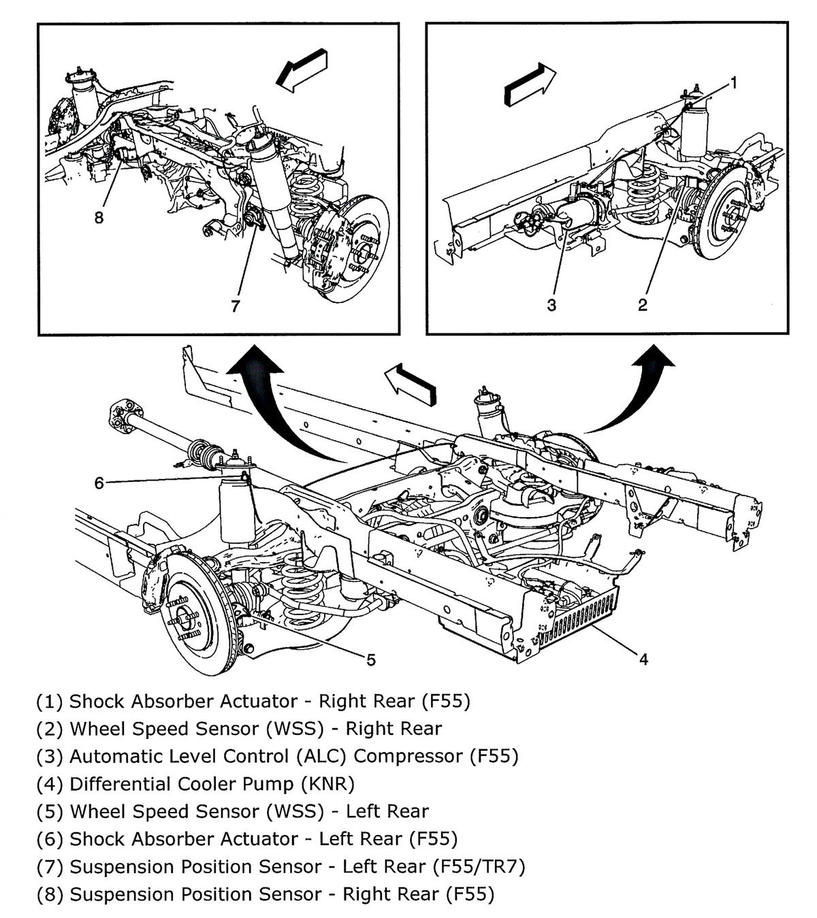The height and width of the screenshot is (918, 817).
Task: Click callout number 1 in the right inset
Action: [734, 83]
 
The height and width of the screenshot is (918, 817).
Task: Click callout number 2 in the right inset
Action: [642, 306]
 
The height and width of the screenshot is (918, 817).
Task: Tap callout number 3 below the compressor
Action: [551, 306]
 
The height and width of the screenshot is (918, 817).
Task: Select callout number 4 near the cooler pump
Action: [643, 658]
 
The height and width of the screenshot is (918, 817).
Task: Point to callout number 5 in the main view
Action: [371, 659]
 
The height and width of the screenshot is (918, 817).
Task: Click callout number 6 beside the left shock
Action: [99, 482]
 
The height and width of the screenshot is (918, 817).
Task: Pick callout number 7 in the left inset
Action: [236, 306]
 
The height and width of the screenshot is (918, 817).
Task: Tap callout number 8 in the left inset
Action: [99, 218]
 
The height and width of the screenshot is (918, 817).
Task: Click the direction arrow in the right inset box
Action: [530, 85]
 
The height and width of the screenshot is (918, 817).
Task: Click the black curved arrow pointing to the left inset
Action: [259, 401]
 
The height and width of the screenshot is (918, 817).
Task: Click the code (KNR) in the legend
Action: [327, 784]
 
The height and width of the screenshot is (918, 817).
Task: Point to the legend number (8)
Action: [50, 894]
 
